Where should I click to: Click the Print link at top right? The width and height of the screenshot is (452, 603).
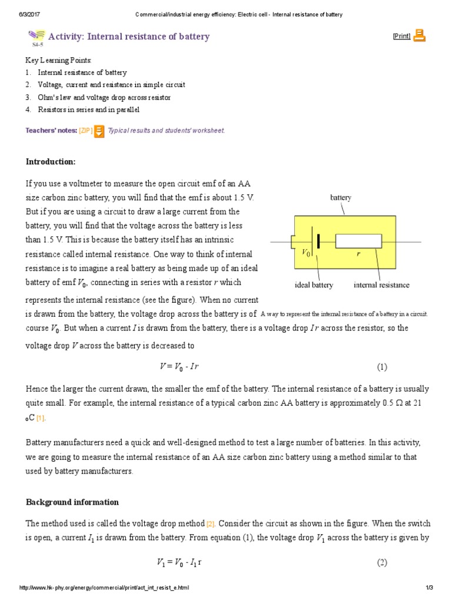401,37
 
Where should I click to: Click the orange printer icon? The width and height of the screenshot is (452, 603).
419,36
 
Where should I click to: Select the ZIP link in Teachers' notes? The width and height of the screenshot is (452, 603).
85,131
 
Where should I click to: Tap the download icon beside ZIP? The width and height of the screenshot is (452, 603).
99,131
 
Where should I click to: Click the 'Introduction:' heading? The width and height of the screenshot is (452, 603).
51,162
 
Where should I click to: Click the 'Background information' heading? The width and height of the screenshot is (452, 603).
72,502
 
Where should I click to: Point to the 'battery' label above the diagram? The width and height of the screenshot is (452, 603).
340,198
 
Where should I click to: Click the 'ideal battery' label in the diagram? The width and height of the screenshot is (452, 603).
314,285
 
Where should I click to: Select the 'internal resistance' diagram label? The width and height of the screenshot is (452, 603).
381,285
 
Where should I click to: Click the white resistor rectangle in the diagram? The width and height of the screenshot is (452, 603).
358,241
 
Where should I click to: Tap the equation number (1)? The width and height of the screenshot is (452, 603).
382,367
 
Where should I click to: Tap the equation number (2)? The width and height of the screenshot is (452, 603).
382,562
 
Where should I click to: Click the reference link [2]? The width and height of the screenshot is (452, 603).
211,524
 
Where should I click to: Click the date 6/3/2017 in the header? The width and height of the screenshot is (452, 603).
21,14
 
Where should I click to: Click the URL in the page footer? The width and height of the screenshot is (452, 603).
104,588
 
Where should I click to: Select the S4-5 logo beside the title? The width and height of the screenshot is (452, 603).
36,37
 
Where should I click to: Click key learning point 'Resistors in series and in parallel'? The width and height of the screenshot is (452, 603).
89,110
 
